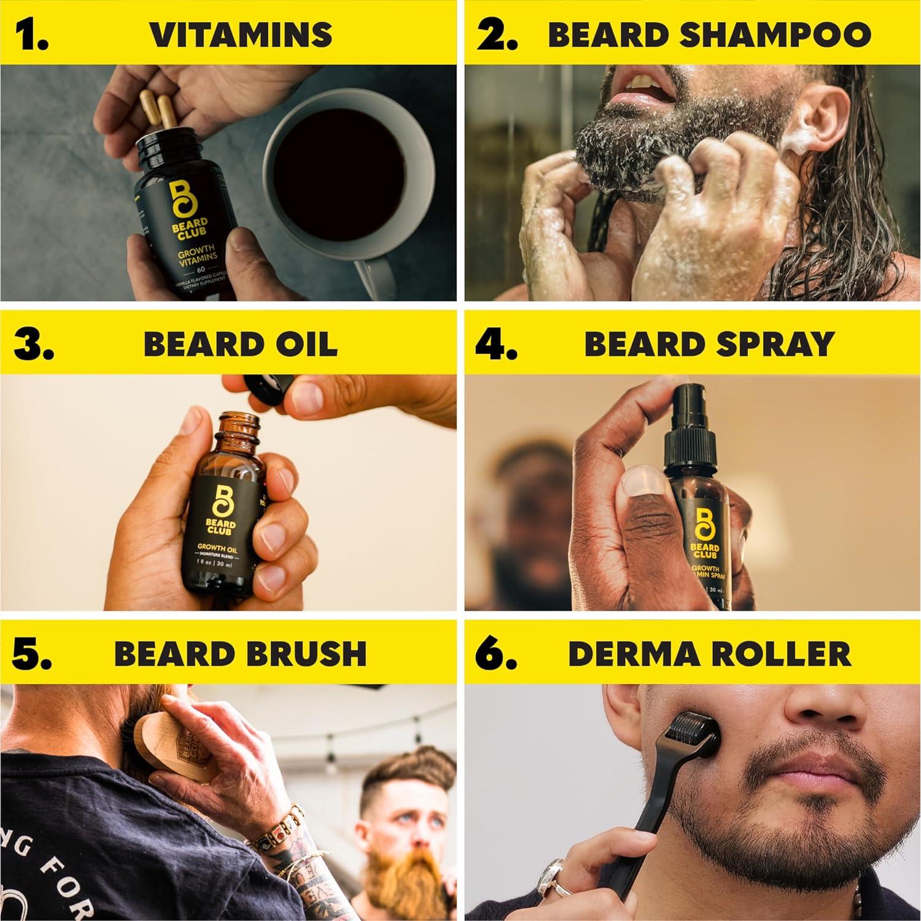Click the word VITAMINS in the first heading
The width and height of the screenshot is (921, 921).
(x=241, y=34)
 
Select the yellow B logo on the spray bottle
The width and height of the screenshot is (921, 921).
(x=704, y=519)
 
